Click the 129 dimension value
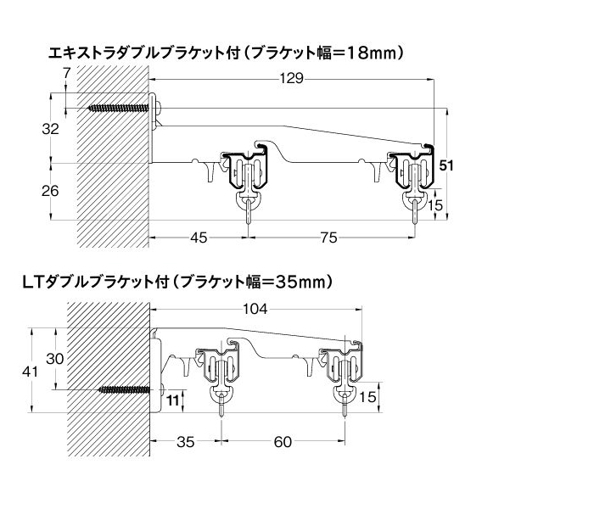pos(292,78)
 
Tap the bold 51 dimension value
pos(446,165)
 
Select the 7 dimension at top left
pos(67,73)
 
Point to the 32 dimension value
pos(50,129)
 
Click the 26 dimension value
pos(50,191)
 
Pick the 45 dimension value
pos(199,238)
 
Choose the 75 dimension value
pos(328,238)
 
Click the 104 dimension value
pos(255,309)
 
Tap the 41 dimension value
pos(30,372)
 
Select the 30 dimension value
pos(55,358)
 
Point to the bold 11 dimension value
pos(173,400)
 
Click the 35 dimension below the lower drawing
pos(186,442)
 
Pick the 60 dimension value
pos(283,442)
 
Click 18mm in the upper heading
pos(372,53)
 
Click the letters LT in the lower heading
pos(33,282)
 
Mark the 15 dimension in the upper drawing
pos(434,205)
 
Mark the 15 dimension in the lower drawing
pos(367,397)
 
